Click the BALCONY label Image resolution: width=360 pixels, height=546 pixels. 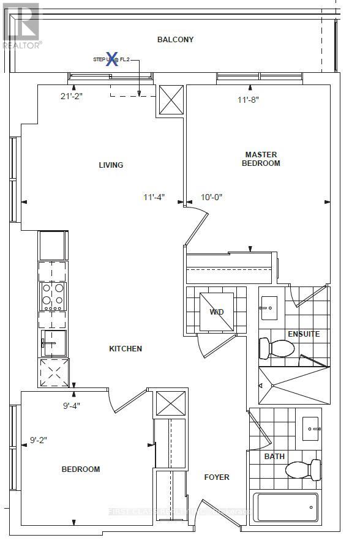tap(175, 40)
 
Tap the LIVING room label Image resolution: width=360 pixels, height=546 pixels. tap(111, 165)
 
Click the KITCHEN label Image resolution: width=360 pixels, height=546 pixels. tap(126, 348)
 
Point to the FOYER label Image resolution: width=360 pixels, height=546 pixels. tap(217, 477)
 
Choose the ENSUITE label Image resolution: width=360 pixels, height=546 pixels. tap(304, 334)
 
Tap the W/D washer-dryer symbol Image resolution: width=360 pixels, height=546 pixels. tap(217, 312)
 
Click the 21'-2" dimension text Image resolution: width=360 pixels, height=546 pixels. tap(72, 95)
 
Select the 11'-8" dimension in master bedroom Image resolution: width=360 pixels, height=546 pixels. tap(248, 99)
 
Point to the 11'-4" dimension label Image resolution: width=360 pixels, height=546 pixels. tap(154, 197)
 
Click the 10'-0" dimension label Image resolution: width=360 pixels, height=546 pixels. tap(212, 197)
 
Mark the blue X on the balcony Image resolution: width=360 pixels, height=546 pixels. tap(112, 59)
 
